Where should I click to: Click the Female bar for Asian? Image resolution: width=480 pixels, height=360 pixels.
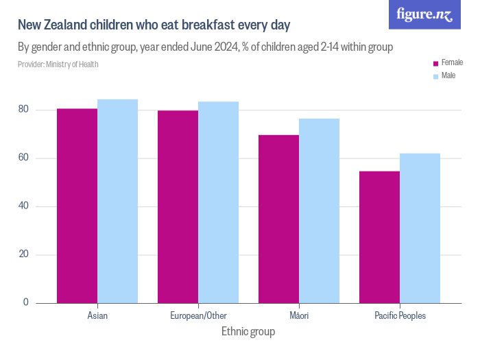coord(77,206)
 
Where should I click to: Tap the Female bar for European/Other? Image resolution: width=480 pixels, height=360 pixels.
coord(178,206)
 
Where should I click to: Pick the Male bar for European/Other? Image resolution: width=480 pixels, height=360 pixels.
coord(218,202)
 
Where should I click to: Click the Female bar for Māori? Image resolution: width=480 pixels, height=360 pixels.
coord(278,219)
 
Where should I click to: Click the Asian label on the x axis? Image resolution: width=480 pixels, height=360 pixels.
coord(97,316)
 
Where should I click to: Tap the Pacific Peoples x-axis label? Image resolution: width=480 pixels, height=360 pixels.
coord(400,316)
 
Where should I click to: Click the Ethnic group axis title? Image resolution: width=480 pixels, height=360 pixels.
coord(248,332)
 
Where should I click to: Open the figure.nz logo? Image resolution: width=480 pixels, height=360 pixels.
coord(424,15)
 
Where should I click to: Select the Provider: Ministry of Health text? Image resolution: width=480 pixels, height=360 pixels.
coord(58,64)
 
